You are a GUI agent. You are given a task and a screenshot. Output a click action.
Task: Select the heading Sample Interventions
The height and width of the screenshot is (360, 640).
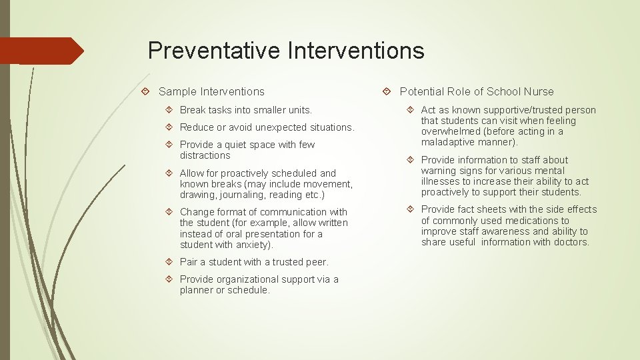click(211, 92)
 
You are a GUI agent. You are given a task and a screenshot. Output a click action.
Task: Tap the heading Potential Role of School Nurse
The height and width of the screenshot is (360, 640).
click(476, 92)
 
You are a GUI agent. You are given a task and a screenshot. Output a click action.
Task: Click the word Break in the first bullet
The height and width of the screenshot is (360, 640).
click(193, 110)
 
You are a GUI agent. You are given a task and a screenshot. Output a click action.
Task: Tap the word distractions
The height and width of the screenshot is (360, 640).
click(205, 155)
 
